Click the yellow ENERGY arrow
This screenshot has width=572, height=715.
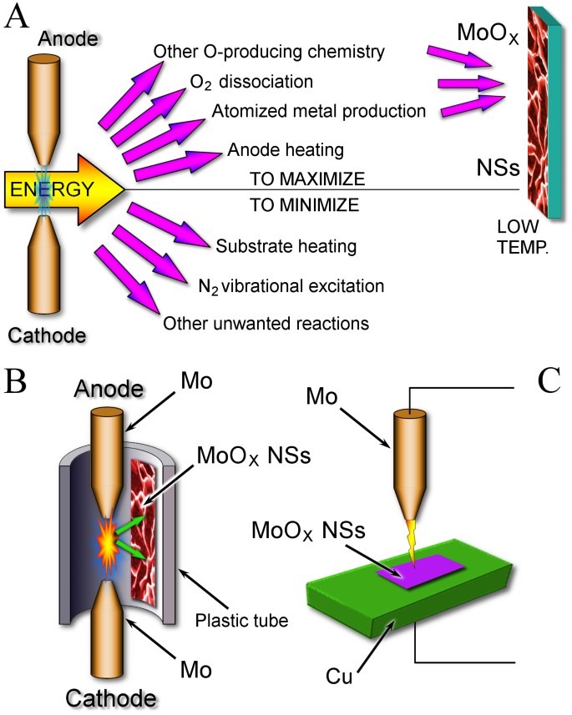(63, 189)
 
